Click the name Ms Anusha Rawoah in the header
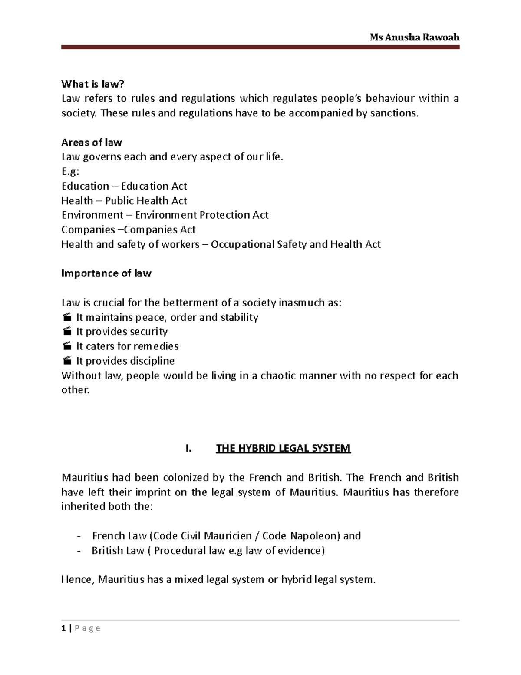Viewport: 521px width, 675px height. click(x=414, y=37)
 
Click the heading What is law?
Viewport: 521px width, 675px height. click(x=89, y=84)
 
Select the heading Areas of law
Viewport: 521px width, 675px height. click(x=92, y=142)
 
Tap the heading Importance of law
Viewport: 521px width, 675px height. click(x=106, y=273)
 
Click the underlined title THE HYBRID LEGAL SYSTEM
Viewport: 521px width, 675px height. click(x=283, y=448)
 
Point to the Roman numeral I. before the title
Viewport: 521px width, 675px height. click(x=188, y=448)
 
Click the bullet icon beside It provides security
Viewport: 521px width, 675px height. click(x=66, y=332)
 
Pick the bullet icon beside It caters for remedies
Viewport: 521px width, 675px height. click(x=66, y=346)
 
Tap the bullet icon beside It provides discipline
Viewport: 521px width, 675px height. click(x=66, y=361)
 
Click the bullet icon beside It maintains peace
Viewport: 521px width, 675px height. click(x=66, y=317)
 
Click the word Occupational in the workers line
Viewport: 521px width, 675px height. click(x=242, y=244)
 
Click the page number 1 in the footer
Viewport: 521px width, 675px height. click(x=63, y=628)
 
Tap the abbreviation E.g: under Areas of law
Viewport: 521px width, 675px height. click(x=70, y=171)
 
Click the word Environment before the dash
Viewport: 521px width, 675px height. click(x=92, y=215)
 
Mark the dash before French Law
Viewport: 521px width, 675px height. click(x=78, y=535)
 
